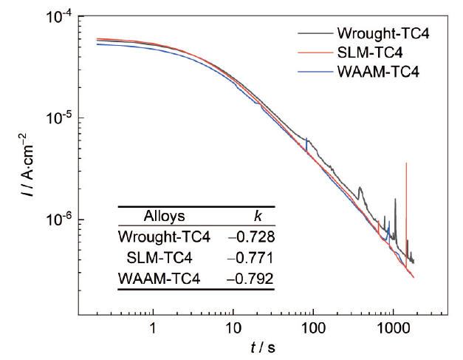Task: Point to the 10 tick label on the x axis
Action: point(233,326)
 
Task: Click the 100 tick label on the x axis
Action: point(313,326)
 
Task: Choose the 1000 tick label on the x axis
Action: point(393,326)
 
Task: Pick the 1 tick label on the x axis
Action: point(153,326)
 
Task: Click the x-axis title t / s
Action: point(261,346)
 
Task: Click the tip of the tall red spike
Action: point(406,163)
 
